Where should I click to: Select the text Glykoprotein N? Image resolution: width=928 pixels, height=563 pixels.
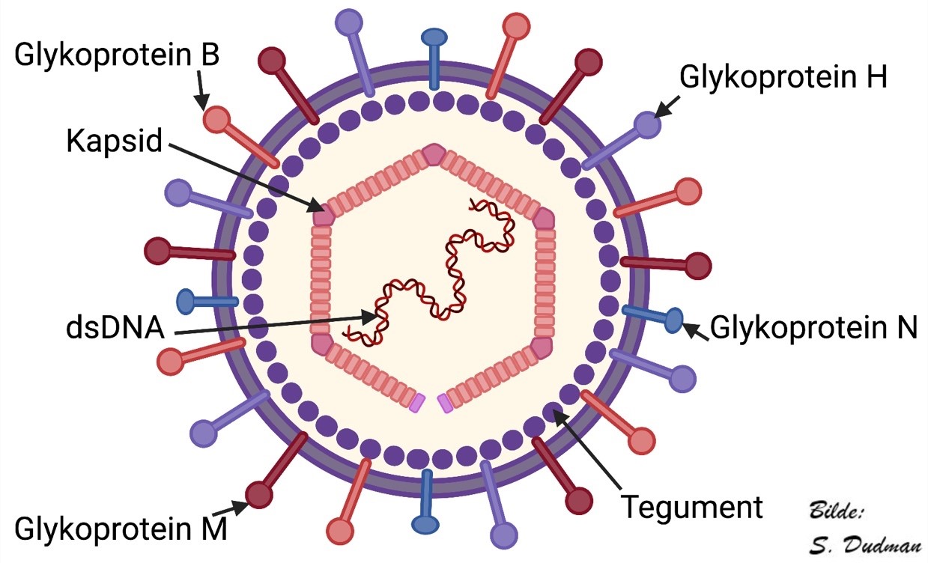[x=813, y=327]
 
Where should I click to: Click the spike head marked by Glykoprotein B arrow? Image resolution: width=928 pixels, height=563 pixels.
[x=216, y=120]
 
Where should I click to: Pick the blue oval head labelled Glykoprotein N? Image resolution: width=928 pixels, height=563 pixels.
[x=673, y=320]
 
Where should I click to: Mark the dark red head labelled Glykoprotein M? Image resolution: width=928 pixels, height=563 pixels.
[x=259, y=494]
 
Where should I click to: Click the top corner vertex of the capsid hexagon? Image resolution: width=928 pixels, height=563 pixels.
[x=433, y=154]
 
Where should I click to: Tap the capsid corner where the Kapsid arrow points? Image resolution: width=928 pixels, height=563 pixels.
[x=324, y=215]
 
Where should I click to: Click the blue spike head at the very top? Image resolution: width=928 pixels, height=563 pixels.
[x=433, y=37]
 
